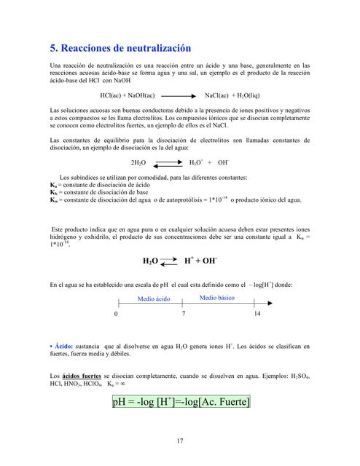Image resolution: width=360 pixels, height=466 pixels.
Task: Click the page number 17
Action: (179, 439)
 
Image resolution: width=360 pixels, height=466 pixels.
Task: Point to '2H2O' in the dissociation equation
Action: (138, 164)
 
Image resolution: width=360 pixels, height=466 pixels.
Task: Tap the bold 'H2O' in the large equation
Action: (149, 260)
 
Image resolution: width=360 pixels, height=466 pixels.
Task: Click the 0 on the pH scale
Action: (116, 315)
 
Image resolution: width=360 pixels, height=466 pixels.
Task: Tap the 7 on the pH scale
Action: (184, 315)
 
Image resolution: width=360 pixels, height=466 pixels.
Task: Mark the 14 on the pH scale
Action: (257, 315)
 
